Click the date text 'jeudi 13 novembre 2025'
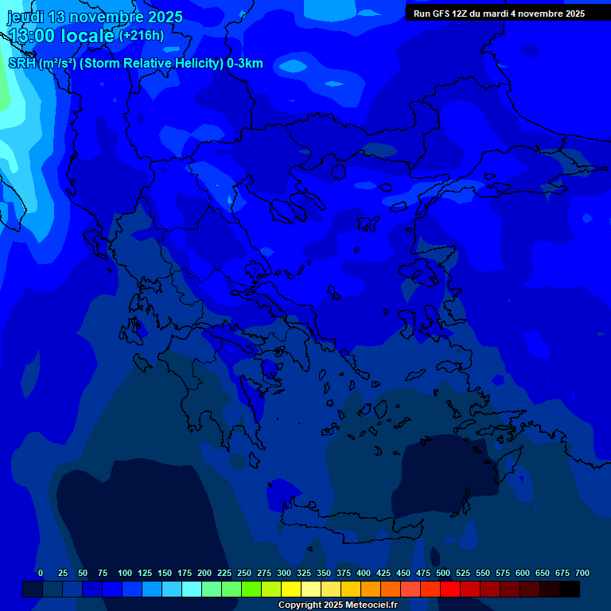click(x=95, y=17)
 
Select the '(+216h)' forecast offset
click(x=142, y=36)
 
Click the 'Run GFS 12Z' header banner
click(x=499, y=14)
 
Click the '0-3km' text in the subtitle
click(x=244, y=64)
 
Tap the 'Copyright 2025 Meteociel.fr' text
click(x=337, y=605)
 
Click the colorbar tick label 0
click(x=41, y=573)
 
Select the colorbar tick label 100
click(x=125, y=573)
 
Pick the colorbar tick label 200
click(x=204, y=573)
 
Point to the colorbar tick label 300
click(x=284, y=573)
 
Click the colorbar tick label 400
click(x=364, y=573)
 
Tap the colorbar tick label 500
click(x=443, y=573)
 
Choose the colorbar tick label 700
click(x=582, y=573)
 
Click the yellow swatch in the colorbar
click(x=291, y=590)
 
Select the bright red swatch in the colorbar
click(x=450, y=590)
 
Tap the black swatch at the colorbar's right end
click(x=570, y=590)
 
